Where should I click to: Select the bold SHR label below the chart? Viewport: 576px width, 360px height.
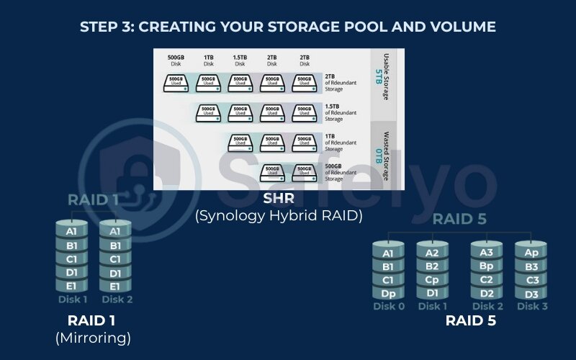click(x=279, y=200)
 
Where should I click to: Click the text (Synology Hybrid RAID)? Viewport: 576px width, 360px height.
click(x=279, y=215)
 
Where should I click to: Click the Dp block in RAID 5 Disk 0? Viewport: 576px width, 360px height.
click(x=388, y=293)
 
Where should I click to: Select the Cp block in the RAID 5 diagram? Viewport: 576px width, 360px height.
click(x=433, y=279)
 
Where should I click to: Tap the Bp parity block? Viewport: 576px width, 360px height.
click(x=486, y=266)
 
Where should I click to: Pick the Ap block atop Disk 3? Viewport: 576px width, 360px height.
click(x=531, y=253)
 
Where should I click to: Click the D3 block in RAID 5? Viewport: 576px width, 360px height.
click(x=531, y=293)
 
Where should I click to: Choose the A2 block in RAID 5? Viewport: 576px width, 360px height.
click(x=433, y=253)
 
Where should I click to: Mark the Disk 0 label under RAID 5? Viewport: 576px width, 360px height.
click(x=388, y=307)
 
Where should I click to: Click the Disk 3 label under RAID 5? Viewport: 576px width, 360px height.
click(x=531, y=307)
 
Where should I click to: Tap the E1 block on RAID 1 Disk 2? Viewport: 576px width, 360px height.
click(x=115, y=286)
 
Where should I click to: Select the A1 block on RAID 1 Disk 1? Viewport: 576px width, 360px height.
click(x=71, y=231)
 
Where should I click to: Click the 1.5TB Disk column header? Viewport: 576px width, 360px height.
click(x=240, y=60)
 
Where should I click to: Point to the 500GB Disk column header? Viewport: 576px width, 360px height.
click(x=176, y=60)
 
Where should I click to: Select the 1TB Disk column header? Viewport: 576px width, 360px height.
click(x=208, y=60)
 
